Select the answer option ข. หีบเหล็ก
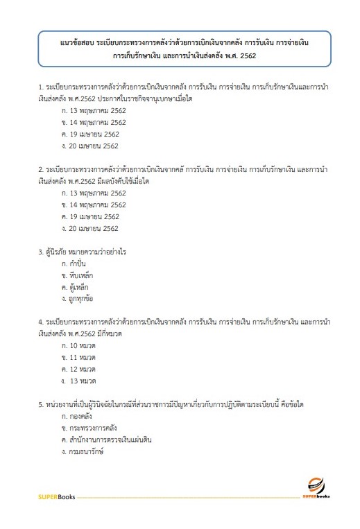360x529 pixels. [x=76, y=275]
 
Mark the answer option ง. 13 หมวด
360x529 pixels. [x=78, y=381]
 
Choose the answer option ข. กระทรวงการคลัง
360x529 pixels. [x=86, y=428]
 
